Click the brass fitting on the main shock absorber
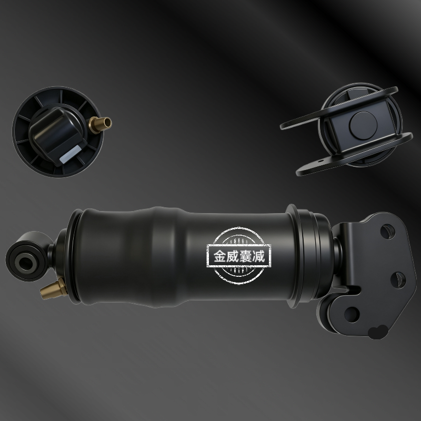(x=54, y=289)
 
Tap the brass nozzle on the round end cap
(x=101, y=124)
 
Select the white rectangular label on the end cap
(x=71, y=154)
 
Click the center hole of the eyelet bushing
(x=25, y=262)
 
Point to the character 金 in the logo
(x=220, y=256)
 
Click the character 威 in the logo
(x=233, y=256)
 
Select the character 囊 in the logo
(x=245, y=256)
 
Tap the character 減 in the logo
(x=258, y=256)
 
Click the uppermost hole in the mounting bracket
(x=387, y=232)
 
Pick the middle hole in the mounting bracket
(x=398, y=280)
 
